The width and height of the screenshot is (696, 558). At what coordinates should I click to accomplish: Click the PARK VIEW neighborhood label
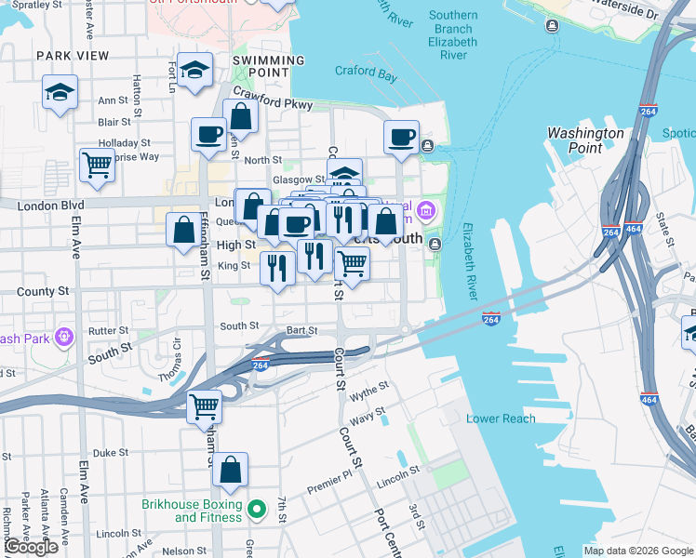point(66,56)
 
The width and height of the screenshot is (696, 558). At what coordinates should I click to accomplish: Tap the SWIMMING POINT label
point(268,67)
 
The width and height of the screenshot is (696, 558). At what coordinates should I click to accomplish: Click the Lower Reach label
point(501,418)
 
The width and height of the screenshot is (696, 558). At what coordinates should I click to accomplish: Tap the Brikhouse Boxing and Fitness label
point(191,511)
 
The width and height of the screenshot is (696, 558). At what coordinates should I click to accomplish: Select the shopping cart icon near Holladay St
point(97,166)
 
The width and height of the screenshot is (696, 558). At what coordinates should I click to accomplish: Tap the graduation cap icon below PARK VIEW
point(60,92)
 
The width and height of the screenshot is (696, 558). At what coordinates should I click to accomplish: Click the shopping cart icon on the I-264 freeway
point(204,406)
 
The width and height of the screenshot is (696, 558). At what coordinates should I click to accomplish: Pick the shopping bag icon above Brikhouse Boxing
point(231,471)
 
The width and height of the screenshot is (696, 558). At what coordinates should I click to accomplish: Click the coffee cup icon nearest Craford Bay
point(402,138)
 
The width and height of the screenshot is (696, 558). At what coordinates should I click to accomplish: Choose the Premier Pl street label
point(330,489)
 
